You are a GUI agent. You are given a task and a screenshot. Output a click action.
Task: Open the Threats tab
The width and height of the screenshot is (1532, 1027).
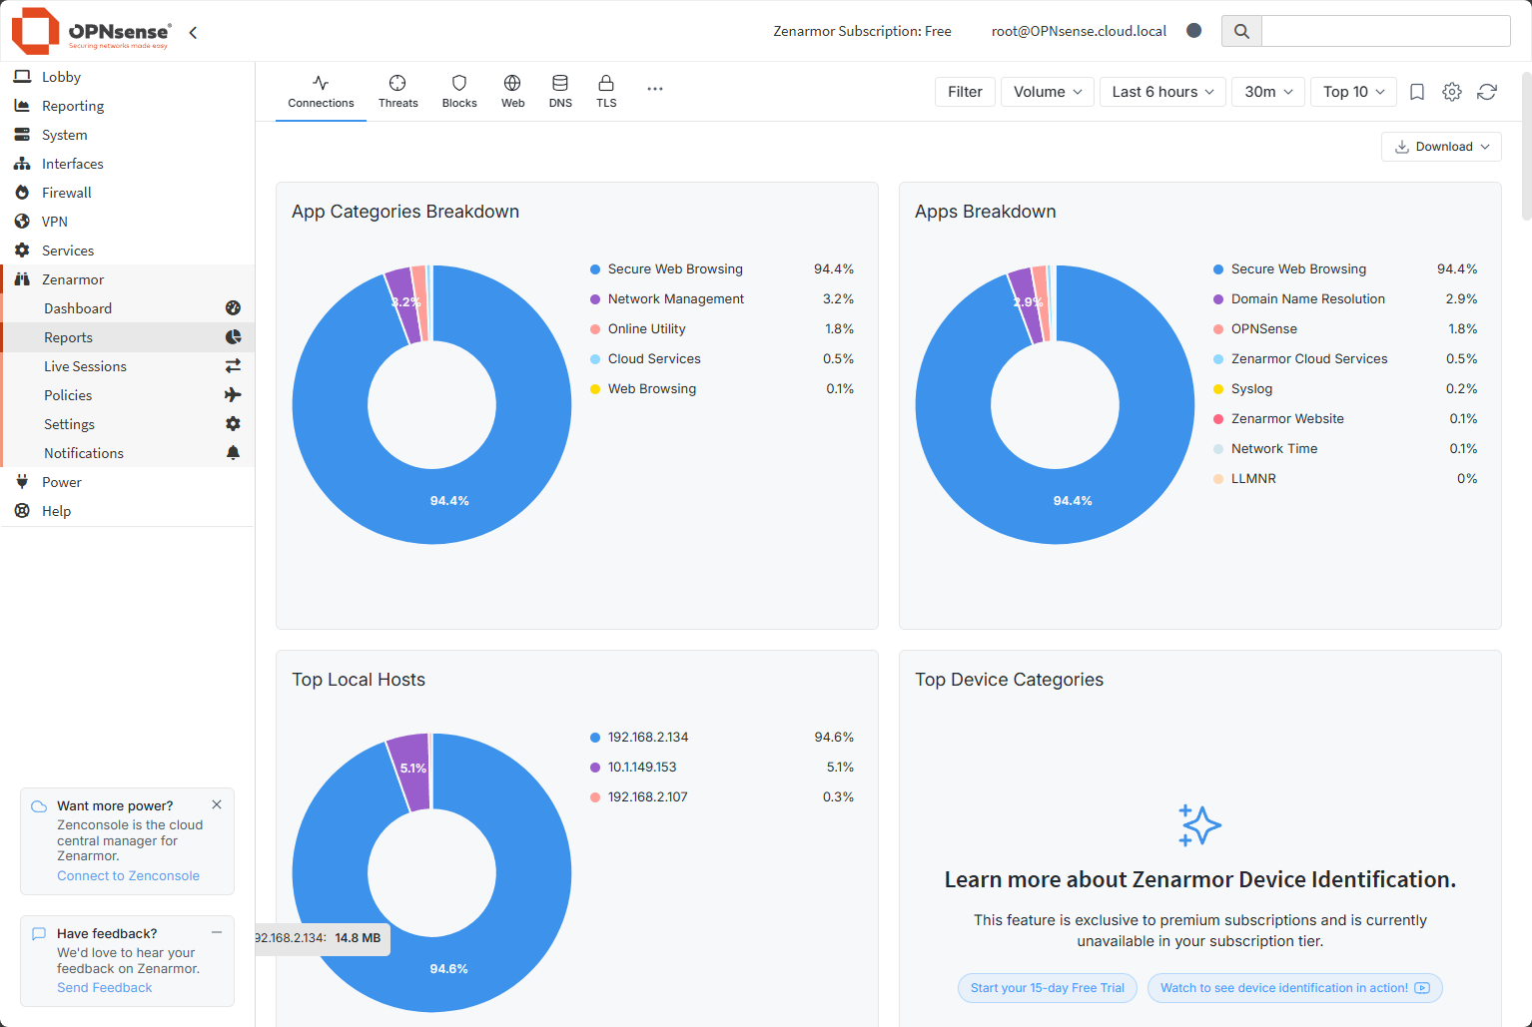pyautogui.click(x=397, y=91)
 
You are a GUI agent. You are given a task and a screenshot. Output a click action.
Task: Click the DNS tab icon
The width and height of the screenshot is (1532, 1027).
pyautogui.click(x=560, y=84)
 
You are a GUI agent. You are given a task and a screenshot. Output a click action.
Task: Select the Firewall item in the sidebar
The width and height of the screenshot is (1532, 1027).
pyautogui.click(x=67, y=193)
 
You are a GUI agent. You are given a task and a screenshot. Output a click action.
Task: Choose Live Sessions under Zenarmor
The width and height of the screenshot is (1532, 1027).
pyautogui.click(x=85, y=366)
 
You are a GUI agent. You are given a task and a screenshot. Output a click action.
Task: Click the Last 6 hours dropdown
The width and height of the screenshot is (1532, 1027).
pyautogui.click(x=1162, y=92)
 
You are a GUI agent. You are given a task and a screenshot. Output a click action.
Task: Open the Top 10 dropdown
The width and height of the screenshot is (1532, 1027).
pyautogui.click(x=1353, y=92)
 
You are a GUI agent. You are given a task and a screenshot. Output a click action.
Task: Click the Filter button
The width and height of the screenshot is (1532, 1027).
pyautogui.click(x=965, y=92)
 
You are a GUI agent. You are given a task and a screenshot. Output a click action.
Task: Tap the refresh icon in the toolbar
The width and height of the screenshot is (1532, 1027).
pyautogui.click(x=1486, y=92)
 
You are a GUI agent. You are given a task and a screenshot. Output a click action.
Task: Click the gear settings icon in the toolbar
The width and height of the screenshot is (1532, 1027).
pyautogui.click(x=1451, y=92)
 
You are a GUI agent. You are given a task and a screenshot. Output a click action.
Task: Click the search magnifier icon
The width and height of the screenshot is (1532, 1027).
pyautogui.click(x=1241, y=31)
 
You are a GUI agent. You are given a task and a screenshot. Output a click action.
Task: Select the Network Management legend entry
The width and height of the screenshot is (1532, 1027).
pyautogui.click(x=675, y=298)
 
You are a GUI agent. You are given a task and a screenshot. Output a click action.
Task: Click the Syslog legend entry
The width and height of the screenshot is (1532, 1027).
pyautogui.click(x=1251, y=388)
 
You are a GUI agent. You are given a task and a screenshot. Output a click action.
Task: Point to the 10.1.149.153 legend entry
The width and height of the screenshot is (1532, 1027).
pyautogui.click(x=641, y=767)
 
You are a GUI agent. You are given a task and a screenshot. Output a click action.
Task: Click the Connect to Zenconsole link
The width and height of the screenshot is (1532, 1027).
pyautogui.click(x=128, y=875)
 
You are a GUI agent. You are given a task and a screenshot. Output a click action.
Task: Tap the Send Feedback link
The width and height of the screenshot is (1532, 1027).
pyautogui.click(x=105, y=987)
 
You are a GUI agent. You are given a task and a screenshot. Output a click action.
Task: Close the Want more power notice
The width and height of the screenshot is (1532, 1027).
pyautogui.click(x=217, y=804)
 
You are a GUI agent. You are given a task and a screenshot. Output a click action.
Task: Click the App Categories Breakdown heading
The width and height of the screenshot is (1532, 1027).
pyautogui.click(x=405, y=212)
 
